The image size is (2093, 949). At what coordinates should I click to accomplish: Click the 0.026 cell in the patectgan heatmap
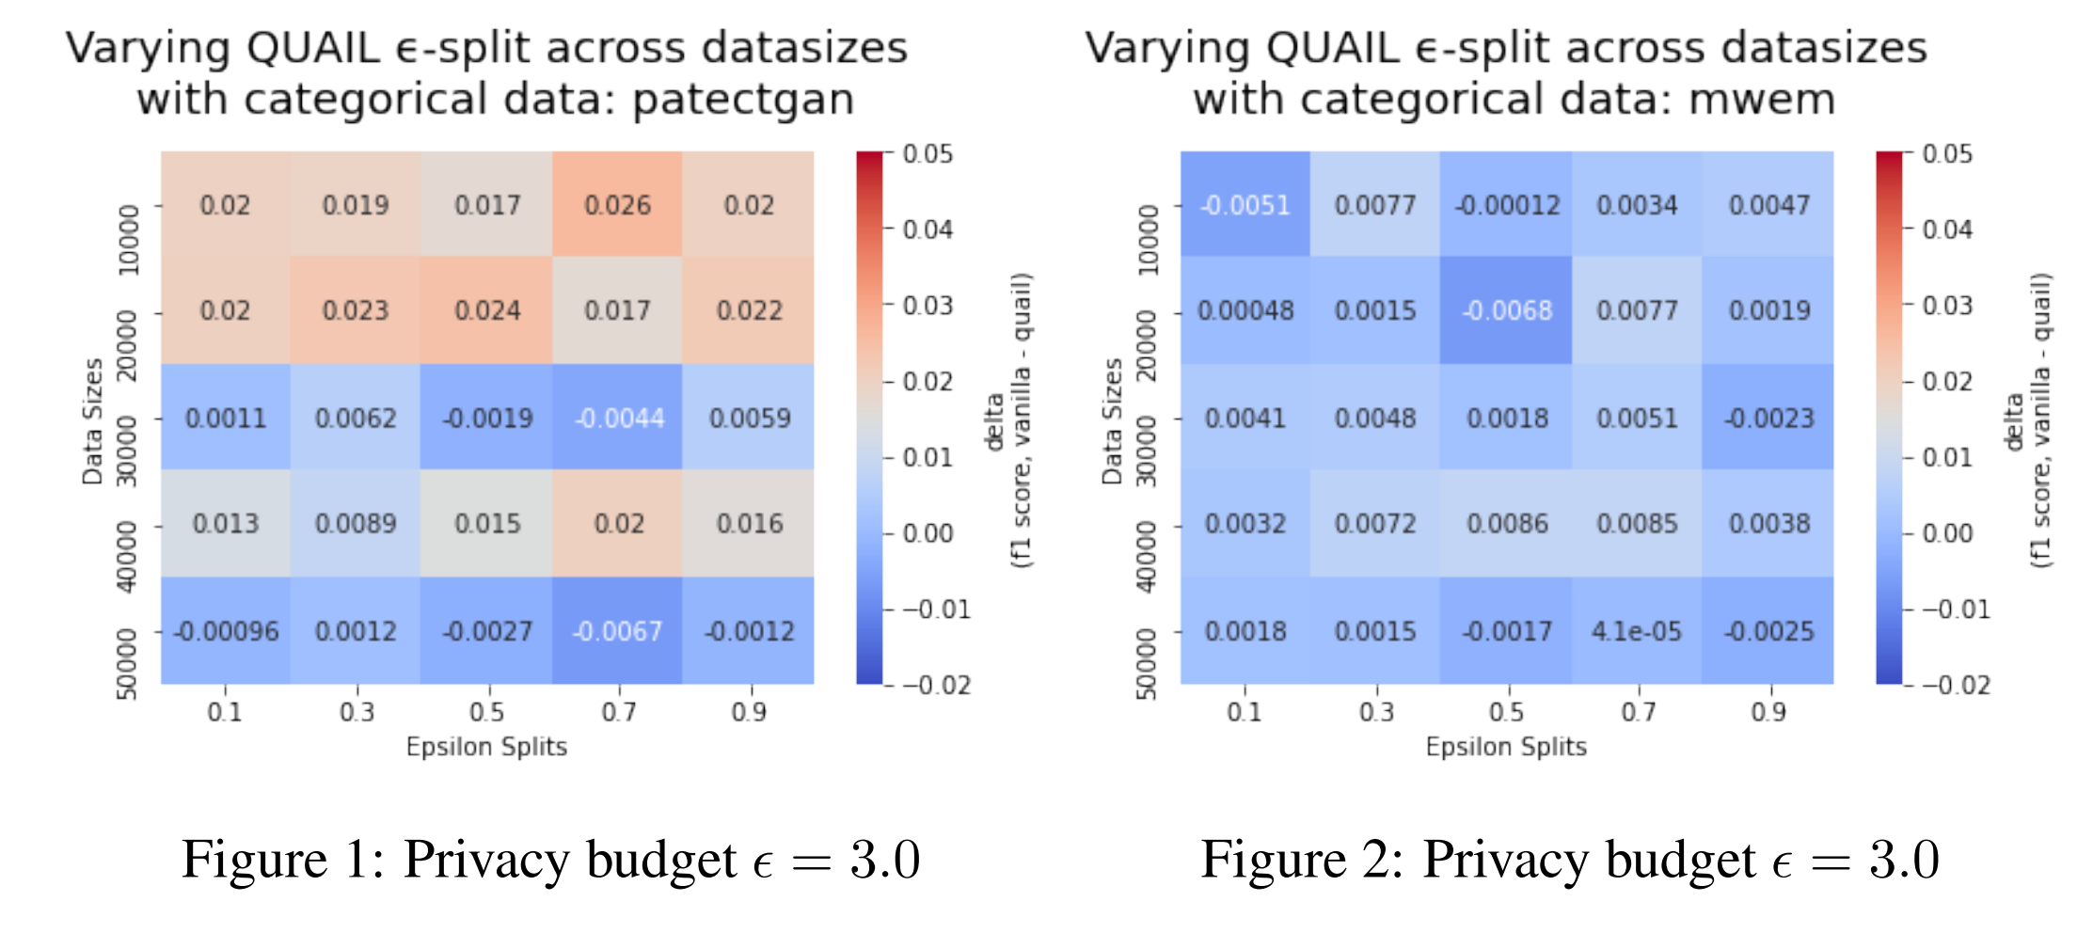(617, 205)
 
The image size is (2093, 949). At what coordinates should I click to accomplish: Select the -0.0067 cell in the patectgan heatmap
(617, 631)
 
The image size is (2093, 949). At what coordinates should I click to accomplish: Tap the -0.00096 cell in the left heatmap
(226, 631)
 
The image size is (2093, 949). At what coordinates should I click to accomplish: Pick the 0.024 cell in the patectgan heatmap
(486, 310)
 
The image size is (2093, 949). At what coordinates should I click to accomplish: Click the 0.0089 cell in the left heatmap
(356, 524)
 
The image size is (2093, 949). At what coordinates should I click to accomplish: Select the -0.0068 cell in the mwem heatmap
(1506, 310)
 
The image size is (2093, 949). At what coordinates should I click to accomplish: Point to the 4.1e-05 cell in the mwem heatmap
(1636, 631)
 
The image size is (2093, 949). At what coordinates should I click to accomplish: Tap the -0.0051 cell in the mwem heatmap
(1245, 205)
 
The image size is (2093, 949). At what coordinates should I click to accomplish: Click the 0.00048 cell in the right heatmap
(1245, 310)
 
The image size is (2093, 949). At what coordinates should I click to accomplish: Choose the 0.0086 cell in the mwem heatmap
(1506, 524)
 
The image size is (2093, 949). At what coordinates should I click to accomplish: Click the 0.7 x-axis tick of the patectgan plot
(618, 712)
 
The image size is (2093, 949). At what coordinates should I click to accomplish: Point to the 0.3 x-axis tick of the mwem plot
(1375, 712)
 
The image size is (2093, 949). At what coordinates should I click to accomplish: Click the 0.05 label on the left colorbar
(927, 154)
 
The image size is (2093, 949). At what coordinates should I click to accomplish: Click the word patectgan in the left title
(743, 100)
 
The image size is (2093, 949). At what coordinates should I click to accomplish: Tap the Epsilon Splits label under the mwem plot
(1505, 747)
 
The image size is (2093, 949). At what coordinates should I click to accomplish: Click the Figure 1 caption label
(282, 860)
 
